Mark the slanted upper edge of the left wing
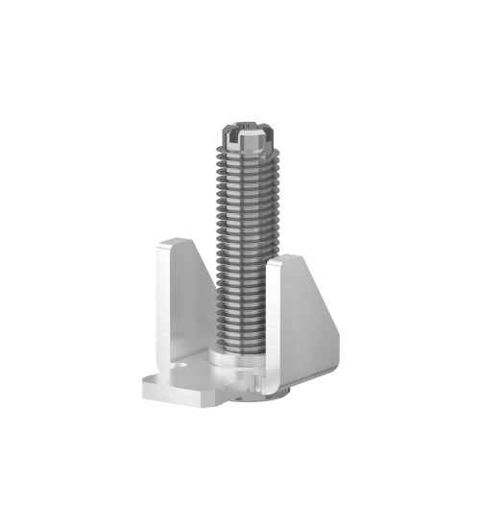pos(199,264)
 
